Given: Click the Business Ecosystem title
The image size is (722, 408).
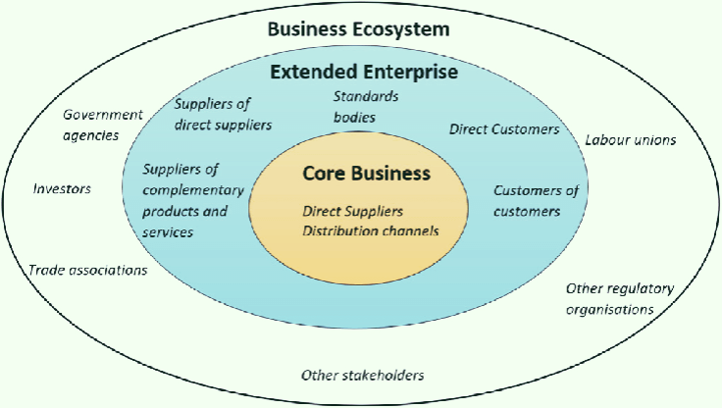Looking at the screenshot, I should [359, 29].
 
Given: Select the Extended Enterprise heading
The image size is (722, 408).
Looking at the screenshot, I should [364, 73].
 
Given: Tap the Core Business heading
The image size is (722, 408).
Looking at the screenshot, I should [366, 174].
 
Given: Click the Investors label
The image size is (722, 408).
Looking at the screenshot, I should [62, 188].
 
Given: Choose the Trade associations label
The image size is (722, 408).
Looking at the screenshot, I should [88, 270].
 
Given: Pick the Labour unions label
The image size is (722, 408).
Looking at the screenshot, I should [630, 140].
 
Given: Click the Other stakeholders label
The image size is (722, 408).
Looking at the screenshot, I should [362, 376].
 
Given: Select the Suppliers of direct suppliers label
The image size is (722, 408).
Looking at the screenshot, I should [222, 115].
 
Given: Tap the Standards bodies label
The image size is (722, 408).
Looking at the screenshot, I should [354, 107].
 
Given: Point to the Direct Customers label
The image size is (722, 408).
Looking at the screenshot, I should [504, 129].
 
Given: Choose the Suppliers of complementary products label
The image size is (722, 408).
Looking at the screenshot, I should [184, 200].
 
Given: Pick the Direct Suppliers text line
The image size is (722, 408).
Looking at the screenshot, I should [353, 211].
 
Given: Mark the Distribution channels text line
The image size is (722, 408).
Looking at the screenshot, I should [370, 230].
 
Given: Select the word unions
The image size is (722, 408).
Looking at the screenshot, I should [652, 140].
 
